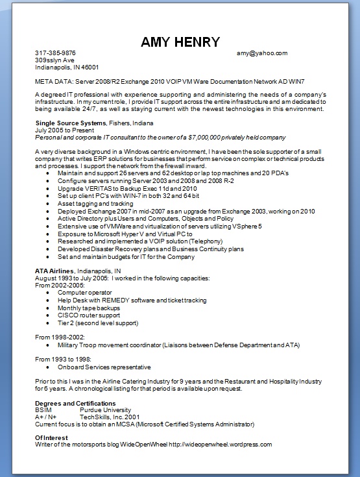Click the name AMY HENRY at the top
tap(180, 42)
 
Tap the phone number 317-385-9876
tap(55, 53)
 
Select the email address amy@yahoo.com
tap(262, 53)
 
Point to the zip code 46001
tap(89, 67)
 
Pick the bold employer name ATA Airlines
tap(54, 270)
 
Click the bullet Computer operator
tap(85, 293)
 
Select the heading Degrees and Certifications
tap(75, 404)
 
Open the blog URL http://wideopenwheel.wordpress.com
tap(220, 445)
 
